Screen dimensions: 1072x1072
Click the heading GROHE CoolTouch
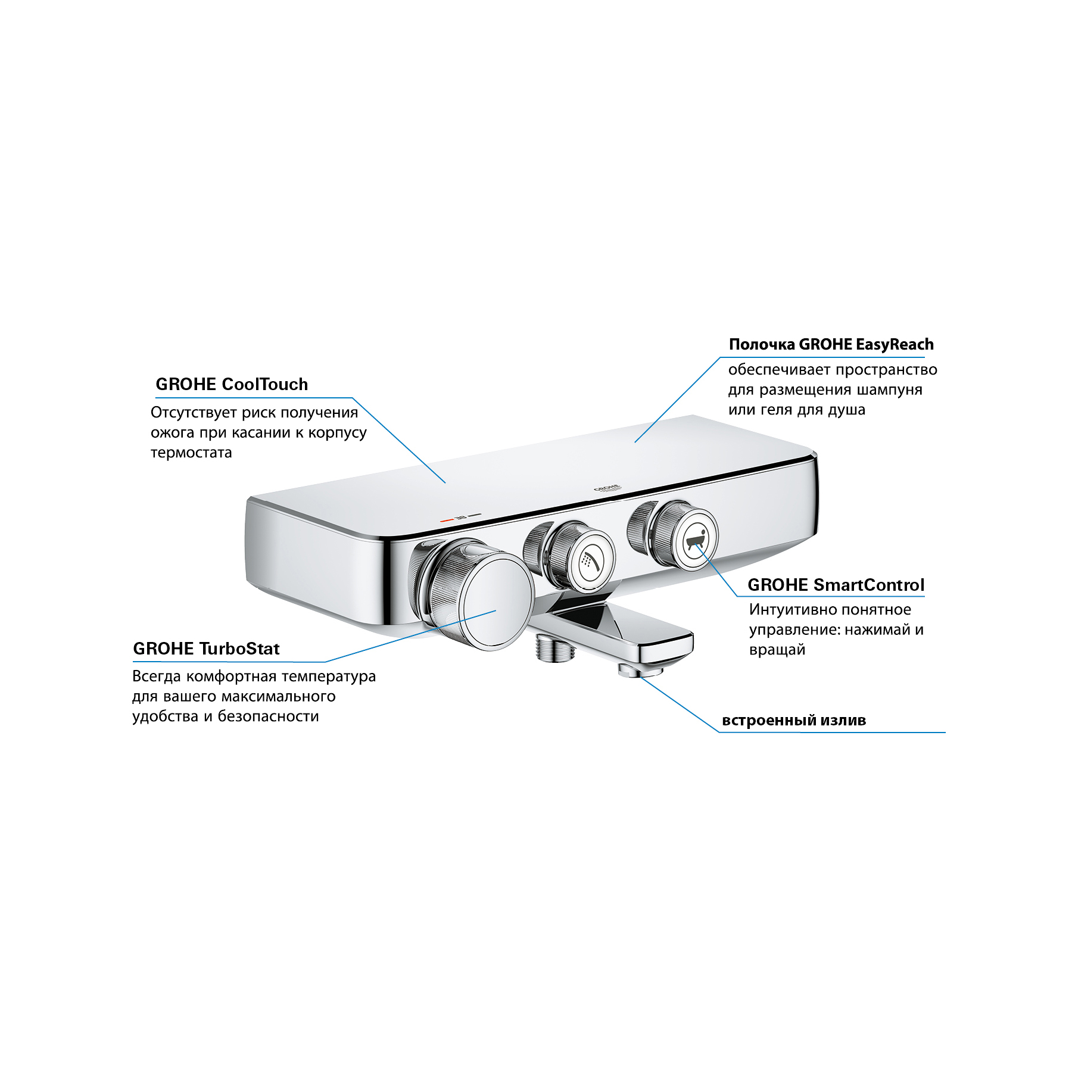[232, 384]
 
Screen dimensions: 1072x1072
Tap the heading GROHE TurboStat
[206, 649]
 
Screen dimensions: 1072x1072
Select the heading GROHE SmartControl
[836, 585]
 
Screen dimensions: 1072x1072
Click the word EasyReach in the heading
[895, 344]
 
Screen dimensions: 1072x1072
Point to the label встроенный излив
[794, 720]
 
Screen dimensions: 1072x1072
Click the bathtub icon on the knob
[695, 541]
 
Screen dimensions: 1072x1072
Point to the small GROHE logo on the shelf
[607, 488]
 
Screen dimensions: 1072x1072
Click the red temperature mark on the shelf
[447, 519]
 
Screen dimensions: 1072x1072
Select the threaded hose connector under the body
[555, 647]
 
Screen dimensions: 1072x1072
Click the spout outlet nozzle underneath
[640, 671]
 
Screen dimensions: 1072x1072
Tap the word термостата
[191, 453]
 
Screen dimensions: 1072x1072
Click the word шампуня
[890, 390]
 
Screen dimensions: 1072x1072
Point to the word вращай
[777, 650]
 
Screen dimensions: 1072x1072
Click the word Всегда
[156, 677]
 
